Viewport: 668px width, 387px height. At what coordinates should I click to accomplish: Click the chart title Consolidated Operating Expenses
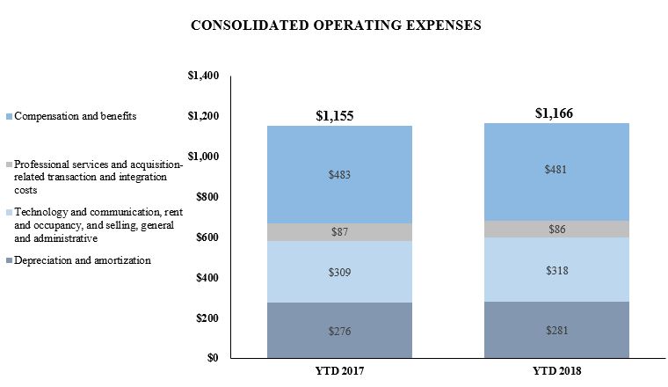336,26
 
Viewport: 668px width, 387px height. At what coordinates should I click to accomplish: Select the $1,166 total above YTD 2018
555,113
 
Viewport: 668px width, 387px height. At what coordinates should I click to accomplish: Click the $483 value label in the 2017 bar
339,174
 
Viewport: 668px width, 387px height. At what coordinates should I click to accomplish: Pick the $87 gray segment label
339,232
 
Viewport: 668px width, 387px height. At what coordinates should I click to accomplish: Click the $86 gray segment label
556,229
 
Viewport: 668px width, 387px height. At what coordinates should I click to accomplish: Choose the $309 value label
339,273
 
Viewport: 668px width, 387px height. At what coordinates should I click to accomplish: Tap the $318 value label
556,270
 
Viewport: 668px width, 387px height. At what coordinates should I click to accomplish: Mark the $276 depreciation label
339,331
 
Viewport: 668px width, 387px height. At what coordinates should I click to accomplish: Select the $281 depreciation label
556,330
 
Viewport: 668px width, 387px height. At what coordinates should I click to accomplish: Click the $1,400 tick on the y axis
203,76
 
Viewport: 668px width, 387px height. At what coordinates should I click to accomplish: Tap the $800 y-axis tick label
207,197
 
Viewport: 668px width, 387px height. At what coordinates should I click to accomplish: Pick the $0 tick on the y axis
212,358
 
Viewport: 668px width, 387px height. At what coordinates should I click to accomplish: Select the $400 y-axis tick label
207,278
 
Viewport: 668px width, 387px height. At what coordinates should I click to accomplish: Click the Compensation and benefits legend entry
75,116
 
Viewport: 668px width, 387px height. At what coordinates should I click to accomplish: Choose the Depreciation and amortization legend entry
82,260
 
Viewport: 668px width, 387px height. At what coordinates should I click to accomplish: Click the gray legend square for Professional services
9,164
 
